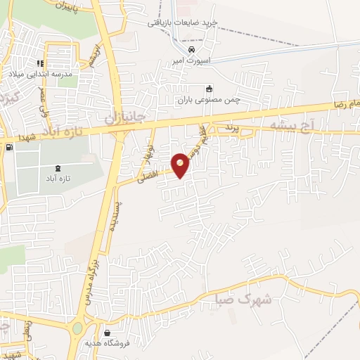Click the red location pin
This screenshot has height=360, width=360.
181,165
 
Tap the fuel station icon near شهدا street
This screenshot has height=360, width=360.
8,148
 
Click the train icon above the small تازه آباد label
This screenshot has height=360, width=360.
57,168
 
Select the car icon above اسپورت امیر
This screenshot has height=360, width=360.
191,51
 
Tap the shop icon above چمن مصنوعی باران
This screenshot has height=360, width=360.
208,89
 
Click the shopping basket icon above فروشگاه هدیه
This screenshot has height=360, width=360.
105,333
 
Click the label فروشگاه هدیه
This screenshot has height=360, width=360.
126,345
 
